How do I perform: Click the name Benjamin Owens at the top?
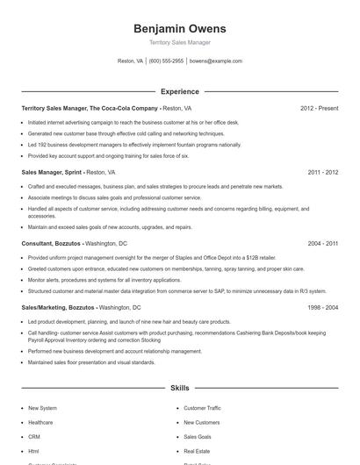[x=180, y=29]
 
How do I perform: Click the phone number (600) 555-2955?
[x=166, y=61]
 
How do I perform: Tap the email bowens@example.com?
[x=215, y=61]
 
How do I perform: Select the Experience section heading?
[x=180, y=91]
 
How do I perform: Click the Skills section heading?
[x=180, y=387]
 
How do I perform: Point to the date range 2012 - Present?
[x=319, y=108]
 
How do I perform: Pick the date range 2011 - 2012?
[x=323, y=172]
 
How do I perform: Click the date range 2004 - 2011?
[x=323, y=243]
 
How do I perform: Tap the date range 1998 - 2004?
[x=323, y=308]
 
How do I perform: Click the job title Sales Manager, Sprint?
[x=52, y=172]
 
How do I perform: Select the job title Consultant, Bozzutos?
[x=52, y=243]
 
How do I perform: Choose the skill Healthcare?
[x=40, y=422]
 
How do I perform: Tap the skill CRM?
[x=34, y=436]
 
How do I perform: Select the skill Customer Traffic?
[x=202, y=408]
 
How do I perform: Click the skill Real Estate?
[x=197, y=450]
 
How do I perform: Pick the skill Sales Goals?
[x=197, y=436]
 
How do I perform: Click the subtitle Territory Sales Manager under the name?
[x=180, y=42]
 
